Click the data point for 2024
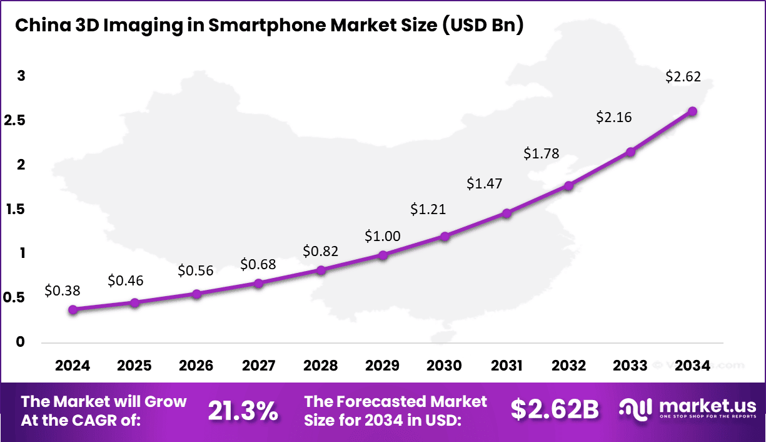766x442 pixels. coord(73,309)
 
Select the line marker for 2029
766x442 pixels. coord(383,255)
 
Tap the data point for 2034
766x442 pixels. coord(692,111)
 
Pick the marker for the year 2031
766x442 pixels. coord(506,213)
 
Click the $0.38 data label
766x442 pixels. coord(63,290)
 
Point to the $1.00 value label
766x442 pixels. coord(383,236)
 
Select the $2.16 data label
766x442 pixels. coord(614,117)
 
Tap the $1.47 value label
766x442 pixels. coord(484,183)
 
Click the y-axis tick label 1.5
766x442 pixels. coord(16,209)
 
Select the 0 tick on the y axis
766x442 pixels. coord(20,342)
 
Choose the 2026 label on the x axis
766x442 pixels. coord(196,366)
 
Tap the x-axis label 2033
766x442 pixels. coord(630,366)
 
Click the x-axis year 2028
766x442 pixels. coord(320,366)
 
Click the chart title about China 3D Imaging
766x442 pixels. coord(269,25)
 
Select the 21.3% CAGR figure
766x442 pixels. coord(243,411)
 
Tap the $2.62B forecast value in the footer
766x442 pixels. coord(554,409)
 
